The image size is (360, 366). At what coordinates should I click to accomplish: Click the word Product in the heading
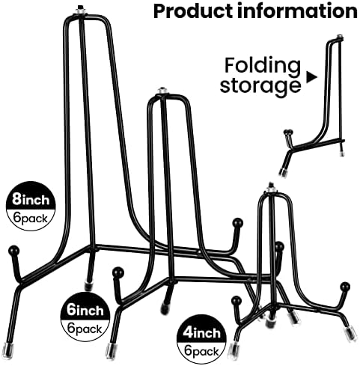coord(194,12)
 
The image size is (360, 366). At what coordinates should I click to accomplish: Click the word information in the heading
coord(298,11)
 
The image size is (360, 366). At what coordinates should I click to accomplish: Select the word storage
coord(260,85)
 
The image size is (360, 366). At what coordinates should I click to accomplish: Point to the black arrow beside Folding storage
coord(312,77)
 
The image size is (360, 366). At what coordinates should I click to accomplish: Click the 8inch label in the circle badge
coord(31,200)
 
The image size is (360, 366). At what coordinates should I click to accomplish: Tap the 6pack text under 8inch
coord(31,219)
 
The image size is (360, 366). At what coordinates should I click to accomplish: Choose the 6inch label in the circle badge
coord(85,311)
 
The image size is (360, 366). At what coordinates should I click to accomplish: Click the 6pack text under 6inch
coord(85,329)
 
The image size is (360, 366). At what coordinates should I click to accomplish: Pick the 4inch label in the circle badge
coord(201,333)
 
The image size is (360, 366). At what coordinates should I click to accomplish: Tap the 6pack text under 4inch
coord(201,352)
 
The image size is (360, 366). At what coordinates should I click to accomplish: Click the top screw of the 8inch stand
coord(80,10)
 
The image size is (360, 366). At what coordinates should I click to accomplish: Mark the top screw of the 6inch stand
coord(162,91)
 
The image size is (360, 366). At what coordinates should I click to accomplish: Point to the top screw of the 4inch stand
coord(271,188)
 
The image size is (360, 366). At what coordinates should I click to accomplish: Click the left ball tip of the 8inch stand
coord(13,250)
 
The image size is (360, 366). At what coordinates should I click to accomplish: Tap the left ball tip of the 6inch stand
coord(118,272)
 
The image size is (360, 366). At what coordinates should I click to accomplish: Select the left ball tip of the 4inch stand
coord(236,300)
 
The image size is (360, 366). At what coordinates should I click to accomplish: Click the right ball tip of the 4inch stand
coord(345,287)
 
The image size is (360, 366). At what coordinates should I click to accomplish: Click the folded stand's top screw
coord(338,37)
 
